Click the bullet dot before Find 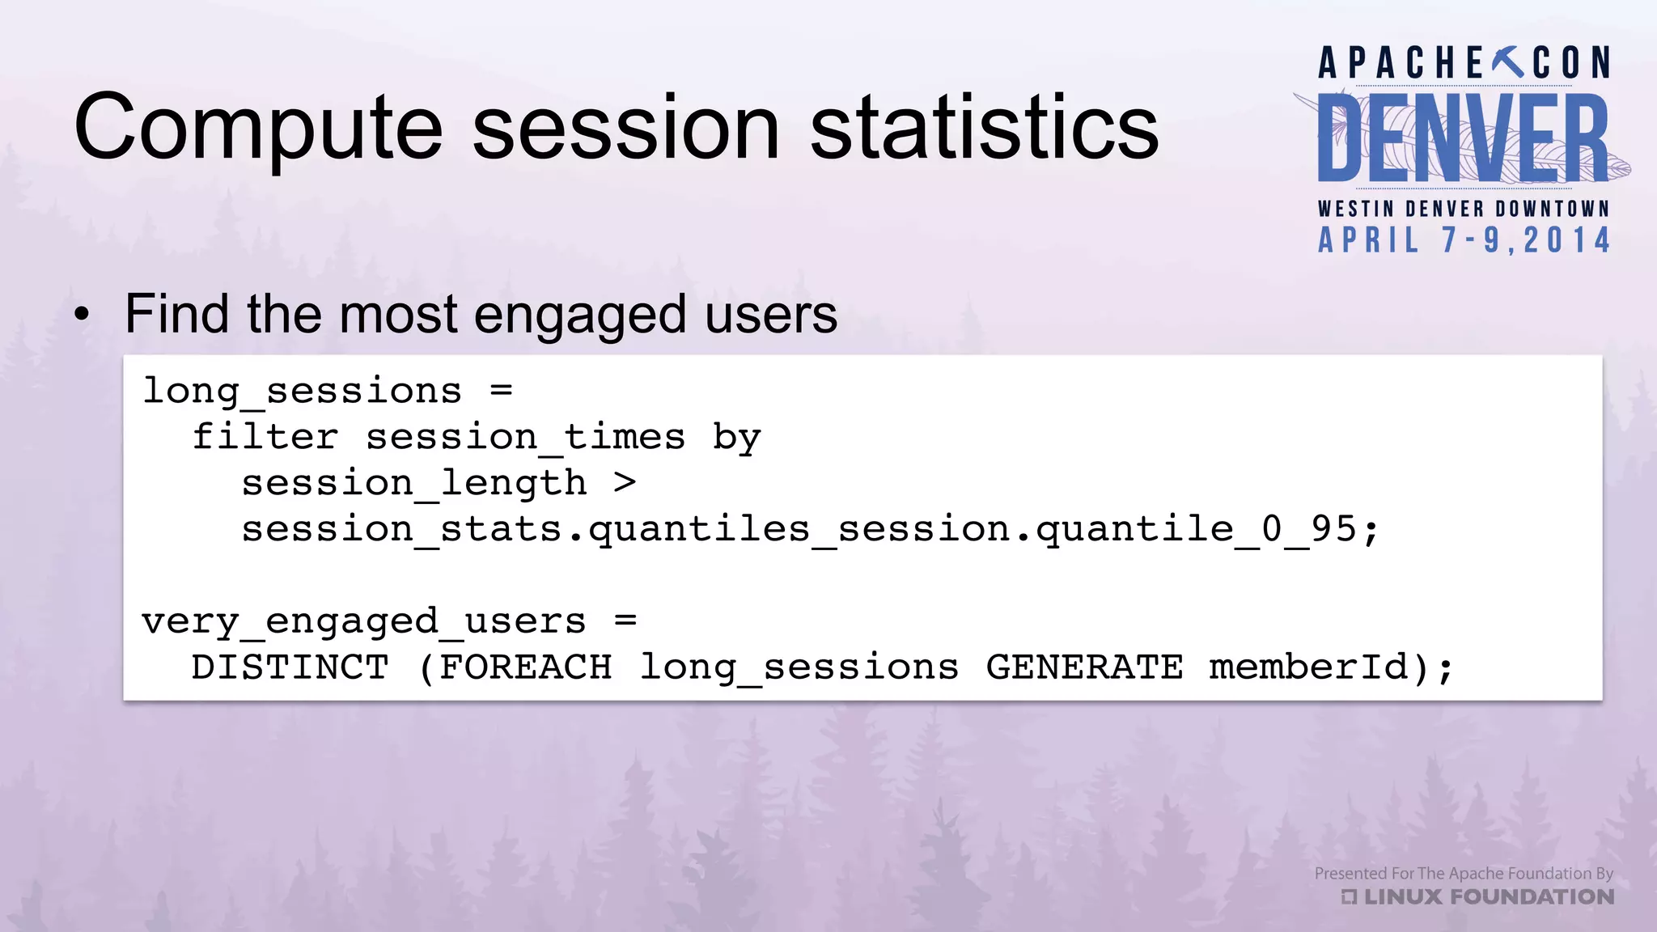pos(82,316)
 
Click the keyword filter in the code pos(265,438)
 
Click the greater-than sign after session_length pos(625,483)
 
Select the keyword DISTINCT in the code pos(290,667)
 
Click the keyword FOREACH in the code pos(525,667)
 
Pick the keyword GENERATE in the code pos(1084,667)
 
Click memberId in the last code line pos(1307,667)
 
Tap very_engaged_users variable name pos(363,622)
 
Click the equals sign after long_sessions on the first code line pos(502,391)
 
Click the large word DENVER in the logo pos(1463,138)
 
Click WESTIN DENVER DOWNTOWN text pos(1464,209)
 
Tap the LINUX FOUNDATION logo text pos(1487,896)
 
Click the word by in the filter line pos(736,438)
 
